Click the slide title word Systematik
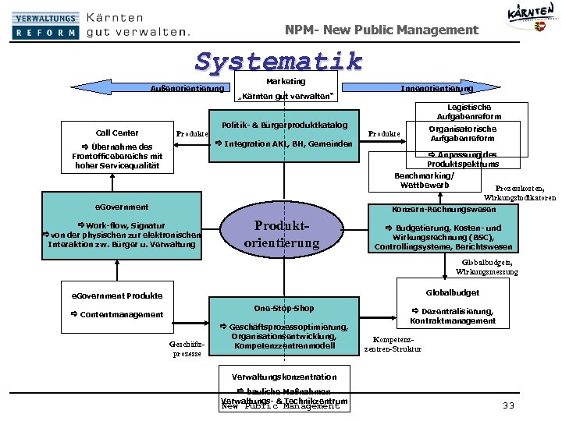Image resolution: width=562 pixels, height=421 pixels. pyautogui.click(x=279, y=61)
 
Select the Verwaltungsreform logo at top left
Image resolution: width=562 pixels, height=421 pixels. pyautogui.click(x=45, y=25)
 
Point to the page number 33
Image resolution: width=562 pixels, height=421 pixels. pyautogui.click(x=509, y=405)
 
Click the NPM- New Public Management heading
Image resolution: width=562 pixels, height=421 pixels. pyautogui.click(x=381, y=30)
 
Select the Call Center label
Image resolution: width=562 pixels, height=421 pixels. pyautogui.click(x=117, y=133)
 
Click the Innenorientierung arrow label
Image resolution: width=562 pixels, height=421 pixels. pyautogui.click(x=436, y=88)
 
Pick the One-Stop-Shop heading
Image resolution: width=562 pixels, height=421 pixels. pyautogui.click(x=284, y=308)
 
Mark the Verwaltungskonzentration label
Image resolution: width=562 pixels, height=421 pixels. pyautogui.click(x=284, y=377)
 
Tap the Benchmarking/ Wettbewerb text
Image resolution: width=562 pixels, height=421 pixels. pyautogui.click(x=424, y=180)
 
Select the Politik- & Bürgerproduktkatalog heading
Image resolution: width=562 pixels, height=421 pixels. pyautogui.click(x=284, y=125)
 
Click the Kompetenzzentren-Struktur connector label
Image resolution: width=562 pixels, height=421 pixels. pyautogui.click(x=393, y=345)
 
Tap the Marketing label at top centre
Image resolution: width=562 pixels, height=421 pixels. pyautogui.click(x=286, y=81)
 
